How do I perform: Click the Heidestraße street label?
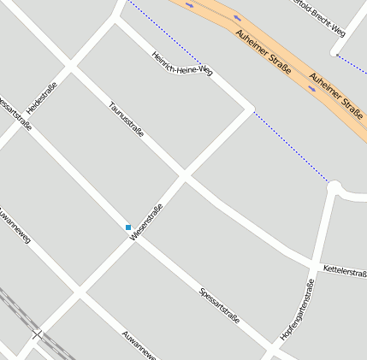pos(42,99)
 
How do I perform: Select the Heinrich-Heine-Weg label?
pos(181,64)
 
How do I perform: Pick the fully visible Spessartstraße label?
pos(219,306)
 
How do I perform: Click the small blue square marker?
pos(128,227)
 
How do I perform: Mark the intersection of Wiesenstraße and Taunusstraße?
pos(184,176)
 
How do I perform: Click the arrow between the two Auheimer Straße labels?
pos(312,87)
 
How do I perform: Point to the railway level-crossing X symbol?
pos(36,334)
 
